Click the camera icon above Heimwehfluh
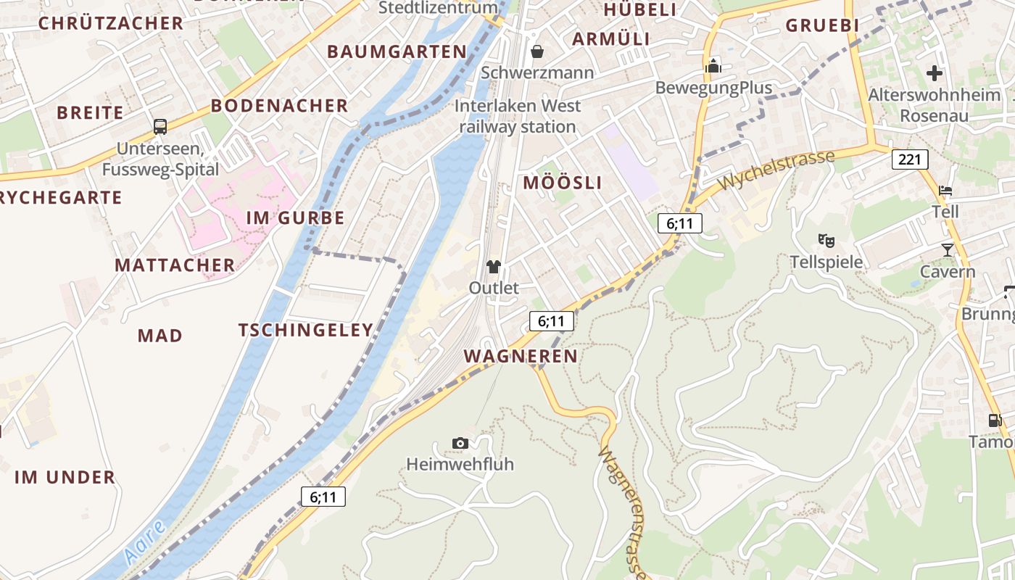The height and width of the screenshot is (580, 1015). pos(460,443)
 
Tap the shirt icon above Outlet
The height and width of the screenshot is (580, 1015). pos(494,266)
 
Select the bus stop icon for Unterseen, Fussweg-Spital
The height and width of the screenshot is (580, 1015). pos(160,127)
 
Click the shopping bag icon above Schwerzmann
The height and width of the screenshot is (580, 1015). pos(537,51)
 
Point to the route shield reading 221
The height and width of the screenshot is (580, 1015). pos(910,159)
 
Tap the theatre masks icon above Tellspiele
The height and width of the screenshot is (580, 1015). pos(825,240)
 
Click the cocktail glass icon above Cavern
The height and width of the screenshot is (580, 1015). pos(948,250)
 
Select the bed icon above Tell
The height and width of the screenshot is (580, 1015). pos(945,191)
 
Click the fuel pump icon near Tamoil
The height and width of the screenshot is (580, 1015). pos(995,420)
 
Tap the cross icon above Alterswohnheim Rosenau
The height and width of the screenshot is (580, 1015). pos(935,72)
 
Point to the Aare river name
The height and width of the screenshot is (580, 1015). pos(144,543)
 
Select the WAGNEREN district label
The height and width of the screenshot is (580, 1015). pos(521,356)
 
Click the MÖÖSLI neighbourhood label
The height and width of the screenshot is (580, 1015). pos(563,183)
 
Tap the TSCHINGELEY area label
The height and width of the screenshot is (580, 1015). pos(306,330)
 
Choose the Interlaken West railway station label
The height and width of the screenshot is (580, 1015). pos(518,116)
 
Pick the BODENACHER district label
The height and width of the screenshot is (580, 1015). pos(279,106)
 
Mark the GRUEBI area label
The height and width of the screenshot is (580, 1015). pos(822,25)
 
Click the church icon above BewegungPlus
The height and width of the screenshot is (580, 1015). pos(713,66)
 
